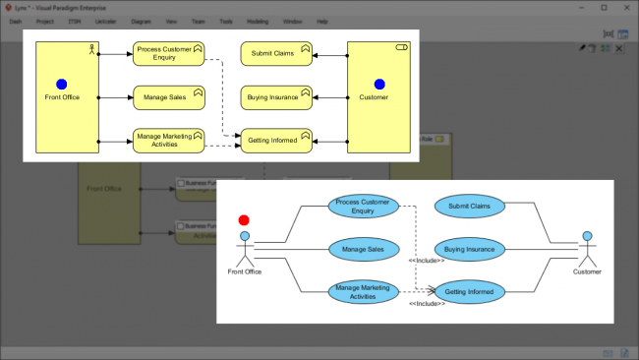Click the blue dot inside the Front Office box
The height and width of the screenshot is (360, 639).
62,85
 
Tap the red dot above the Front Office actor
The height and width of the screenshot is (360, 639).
244,220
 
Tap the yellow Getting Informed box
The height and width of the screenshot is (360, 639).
276,142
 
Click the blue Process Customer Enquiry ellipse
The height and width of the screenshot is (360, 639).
363,207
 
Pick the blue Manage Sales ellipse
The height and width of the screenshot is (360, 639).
363,250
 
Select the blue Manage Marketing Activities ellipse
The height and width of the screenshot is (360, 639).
363,291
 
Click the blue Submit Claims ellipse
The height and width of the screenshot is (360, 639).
469,207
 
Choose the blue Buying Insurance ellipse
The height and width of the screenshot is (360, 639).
469,250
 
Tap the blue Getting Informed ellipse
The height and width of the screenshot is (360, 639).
469,291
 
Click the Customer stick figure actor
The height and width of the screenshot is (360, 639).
587,248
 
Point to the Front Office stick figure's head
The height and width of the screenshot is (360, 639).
244,236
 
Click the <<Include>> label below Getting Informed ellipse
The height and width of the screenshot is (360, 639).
427,305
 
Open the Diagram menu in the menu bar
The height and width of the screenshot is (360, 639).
142,20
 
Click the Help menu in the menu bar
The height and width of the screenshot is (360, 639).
322,20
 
